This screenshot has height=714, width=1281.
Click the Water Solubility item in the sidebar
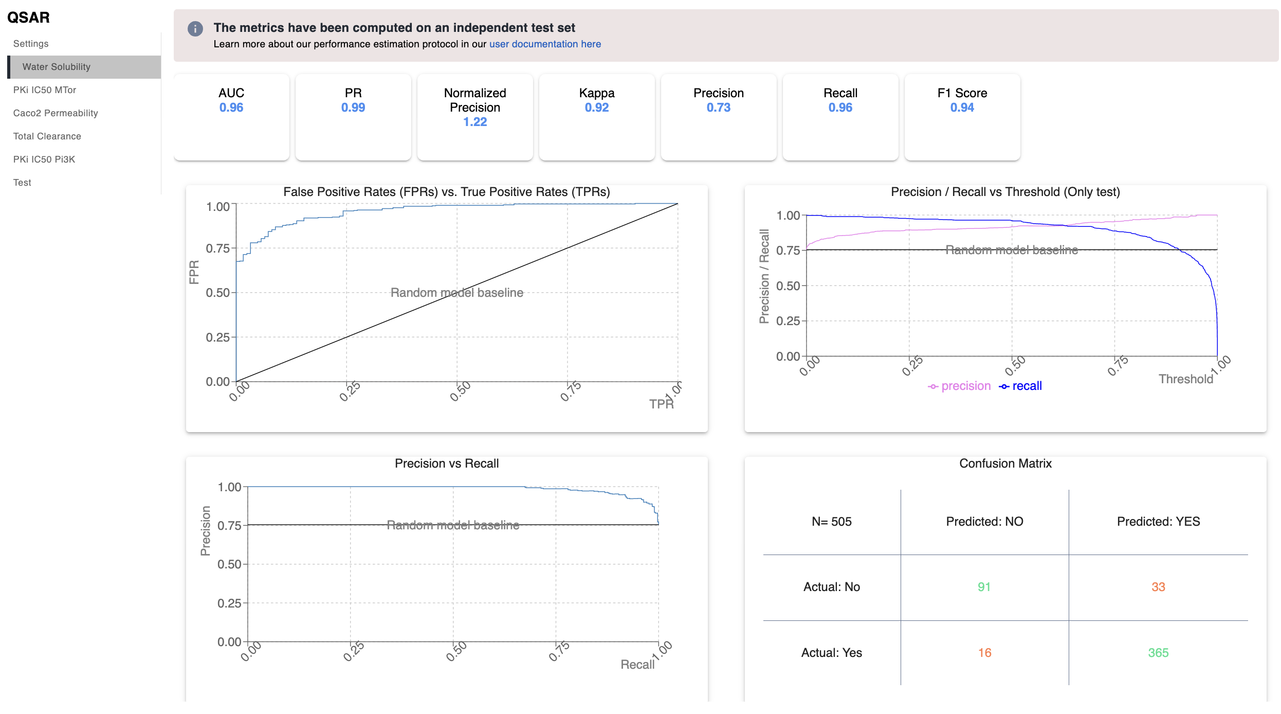coord(57,67)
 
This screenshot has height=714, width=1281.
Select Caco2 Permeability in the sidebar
coord(56,113)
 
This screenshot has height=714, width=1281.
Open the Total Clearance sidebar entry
coord(47,136)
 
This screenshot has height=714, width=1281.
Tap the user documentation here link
coord(545,44)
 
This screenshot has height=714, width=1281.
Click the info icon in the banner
coord(195,29)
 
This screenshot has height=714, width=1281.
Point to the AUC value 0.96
coord(231,108)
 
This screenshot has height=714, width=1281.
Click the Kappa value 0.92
coord(597,108)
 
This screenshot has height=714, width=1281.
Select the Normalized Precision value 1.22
coord(475,122)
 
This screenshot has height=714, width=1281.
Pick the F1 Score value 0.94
coord(962,108)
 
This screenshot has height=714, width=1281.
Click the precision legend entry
coord(959,386)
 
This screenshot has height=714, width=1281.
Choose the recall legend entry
coord(1020,386)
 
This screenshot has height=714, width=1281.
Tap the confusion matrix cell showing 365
coord(1159,653)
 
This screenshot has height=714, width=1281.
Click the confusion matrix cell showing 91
coord(984,587)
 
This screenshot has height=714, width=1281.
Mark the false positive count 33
coord(1159,587)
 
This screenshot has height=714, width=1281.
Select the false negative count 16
coord(985,653)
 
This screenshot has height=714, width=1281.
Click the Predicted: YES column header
coord(1159,522)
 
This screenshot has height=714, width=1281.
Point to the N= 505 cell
coord(832,522)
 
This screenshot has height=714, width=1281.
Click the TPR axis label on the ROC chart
coord(662,404)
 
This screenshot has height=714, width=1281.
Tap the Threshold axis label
coord(1186,379)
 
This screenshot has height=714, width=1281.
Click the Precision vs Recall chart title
coord(447,463)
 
